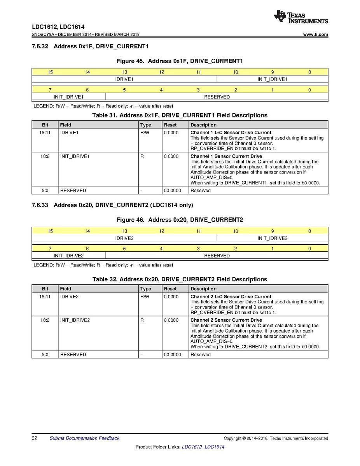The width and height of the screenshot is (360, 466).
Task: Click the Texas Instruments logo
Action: [x=301, y=17]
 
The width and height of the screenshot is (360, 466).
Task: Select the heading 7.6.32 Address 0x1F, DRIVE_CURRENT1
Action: [x=91, y=47]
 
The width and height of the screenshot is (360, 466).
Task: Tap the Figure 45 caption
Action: [x=180, y=61]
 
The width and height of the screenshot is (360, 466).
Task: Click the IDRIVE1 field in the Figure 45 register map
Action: [x=124, y=79]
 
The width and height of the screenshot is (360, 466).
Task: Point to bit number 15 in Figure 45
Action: [x=50, y=72]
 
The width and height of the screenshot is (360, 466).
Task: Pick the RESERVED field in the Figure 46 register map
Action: [x=217, y=256]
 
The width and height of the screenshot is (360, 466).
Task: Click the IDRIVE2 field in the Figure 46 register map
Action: [x=124, y=238]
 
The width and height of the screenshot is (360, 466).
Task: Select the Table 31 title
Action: [x=180, y=115]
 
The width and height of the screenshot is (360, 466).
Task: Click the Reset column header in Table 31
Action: [x=170, y=125]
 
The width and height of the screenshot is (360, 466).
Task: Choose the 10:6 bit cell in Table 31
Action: [x=45, y=156]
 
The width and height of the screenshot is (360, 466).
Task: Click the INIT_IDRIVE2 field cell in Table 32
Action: [x=75, y=320]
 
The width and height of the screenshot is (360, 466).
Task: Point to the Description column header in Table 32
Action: [x=203, y=289]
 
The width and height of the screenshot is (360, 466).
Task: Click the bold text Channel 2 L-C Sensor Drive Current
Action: [x=231, y=297]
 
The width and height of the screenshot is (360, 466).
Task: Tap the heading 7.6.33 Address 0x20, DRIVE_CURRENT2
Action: [x=112, y=205]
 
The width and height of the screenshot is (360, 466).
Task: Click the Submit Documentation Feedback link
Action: [x=84, y=438]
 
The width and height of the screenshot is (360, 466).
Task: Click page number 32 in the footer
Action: [x=34, y=438]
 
